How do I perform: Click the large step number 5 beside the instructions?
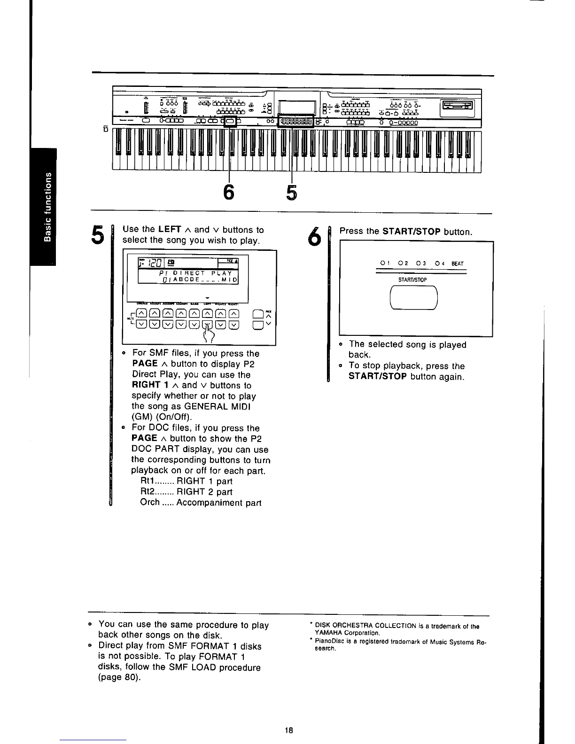pyautogui.click(x=97, y=234)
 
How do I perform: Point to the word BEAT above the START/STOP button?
pyautogui.click(x=457, y=264)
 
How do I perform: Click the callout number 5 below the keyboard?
pyautogui.click(x=292, y=192)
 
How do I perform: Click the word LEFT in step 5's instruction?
pyautogui.click(x=170, y=230)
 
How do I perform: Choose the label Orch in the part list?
pyautogui.click(x=150, y=503)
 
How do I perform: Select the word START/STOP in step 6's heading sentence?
pyautogui.click(x=412, y=232)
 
